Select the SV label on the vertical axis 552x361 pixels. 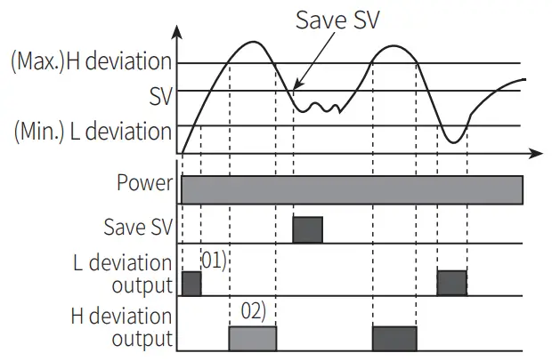coord(161,95)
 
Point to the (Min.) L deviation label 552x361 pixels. coord(92,132)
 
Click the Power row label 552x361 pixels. coord(144,184)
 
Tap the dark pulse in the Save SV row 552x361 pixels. coord(308,229)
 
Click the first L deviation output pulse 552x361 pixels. coord(191,284)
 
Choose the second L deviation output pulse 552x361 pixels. coord(451,283)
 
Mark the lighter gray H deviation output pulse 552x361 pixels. coord(253,337)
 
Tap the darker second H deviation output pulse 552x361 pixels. coord(394,337)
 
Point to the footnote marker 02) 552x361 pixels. coord(254,312)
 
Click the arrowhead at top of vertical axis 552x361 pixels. coord(181,33)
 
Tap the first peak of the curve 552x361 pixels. coord(255,43)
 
